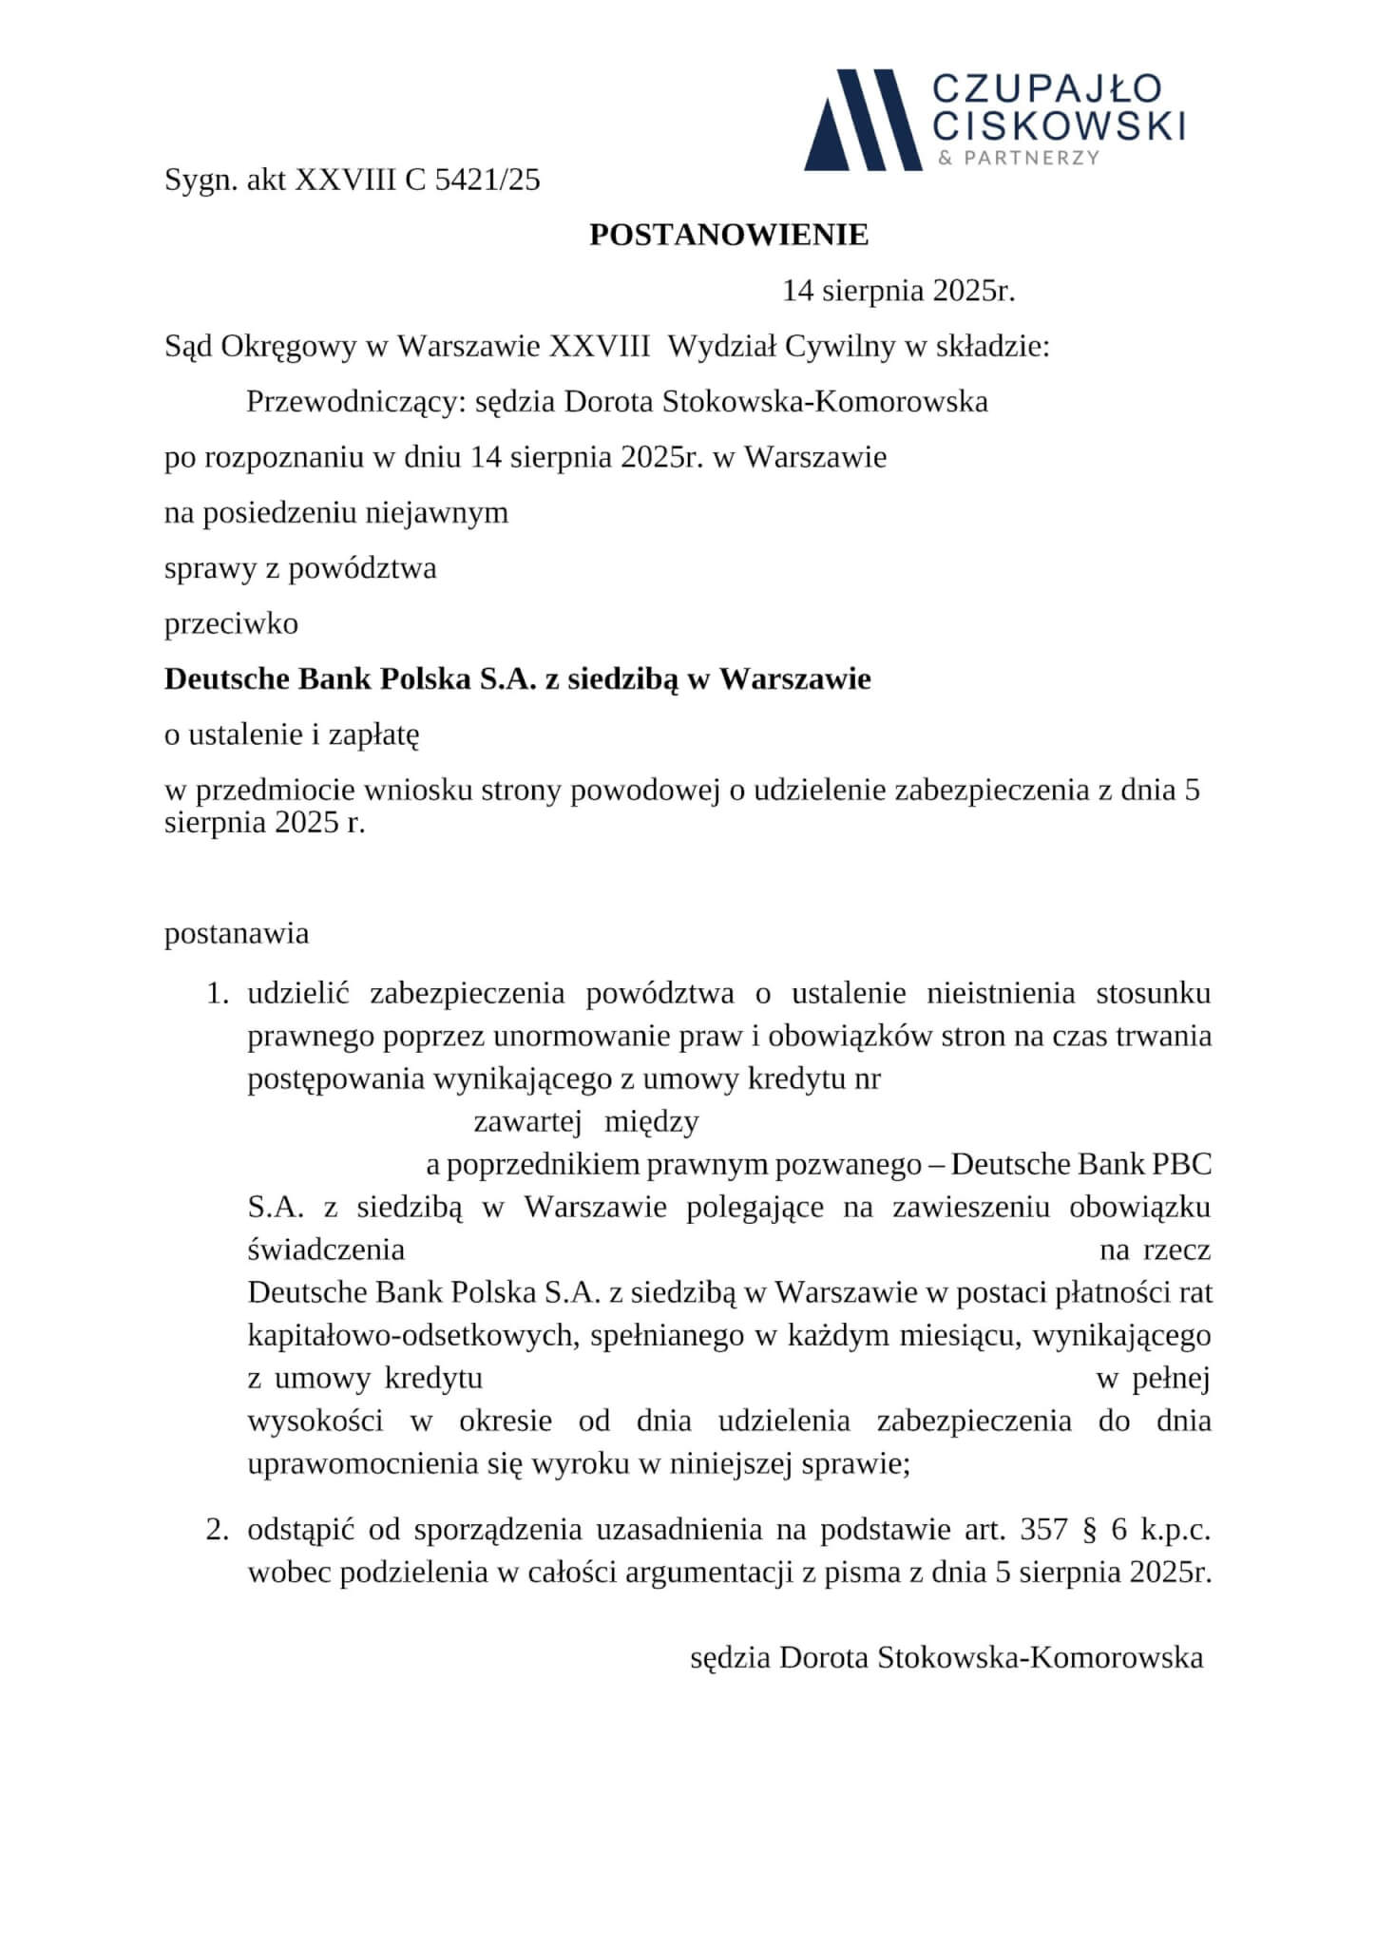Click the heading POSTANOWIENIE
pyautogui.click(x=729, y=236)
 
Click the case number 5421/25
pyautogui.click(x=487, y=180)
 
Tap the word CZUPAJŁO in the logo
pyautogui.click(x=1046, y=89)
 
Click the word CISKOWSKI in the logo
pyautogui.click(x=1059, y=125)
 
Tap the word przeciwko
pyautogui.click(x=231, y=623)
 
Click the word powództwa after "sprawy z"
pyautogui.click(x=362, y=568)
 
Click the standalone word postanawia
pyautogui.click(x=237, y=933)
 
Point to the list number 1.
pyautogui.click(x=218, y=994)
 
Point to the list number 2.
pyautogui.click(x=218, y=1530)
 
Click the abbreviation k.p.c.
pyautogui.click(x=1175, y=1530)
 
